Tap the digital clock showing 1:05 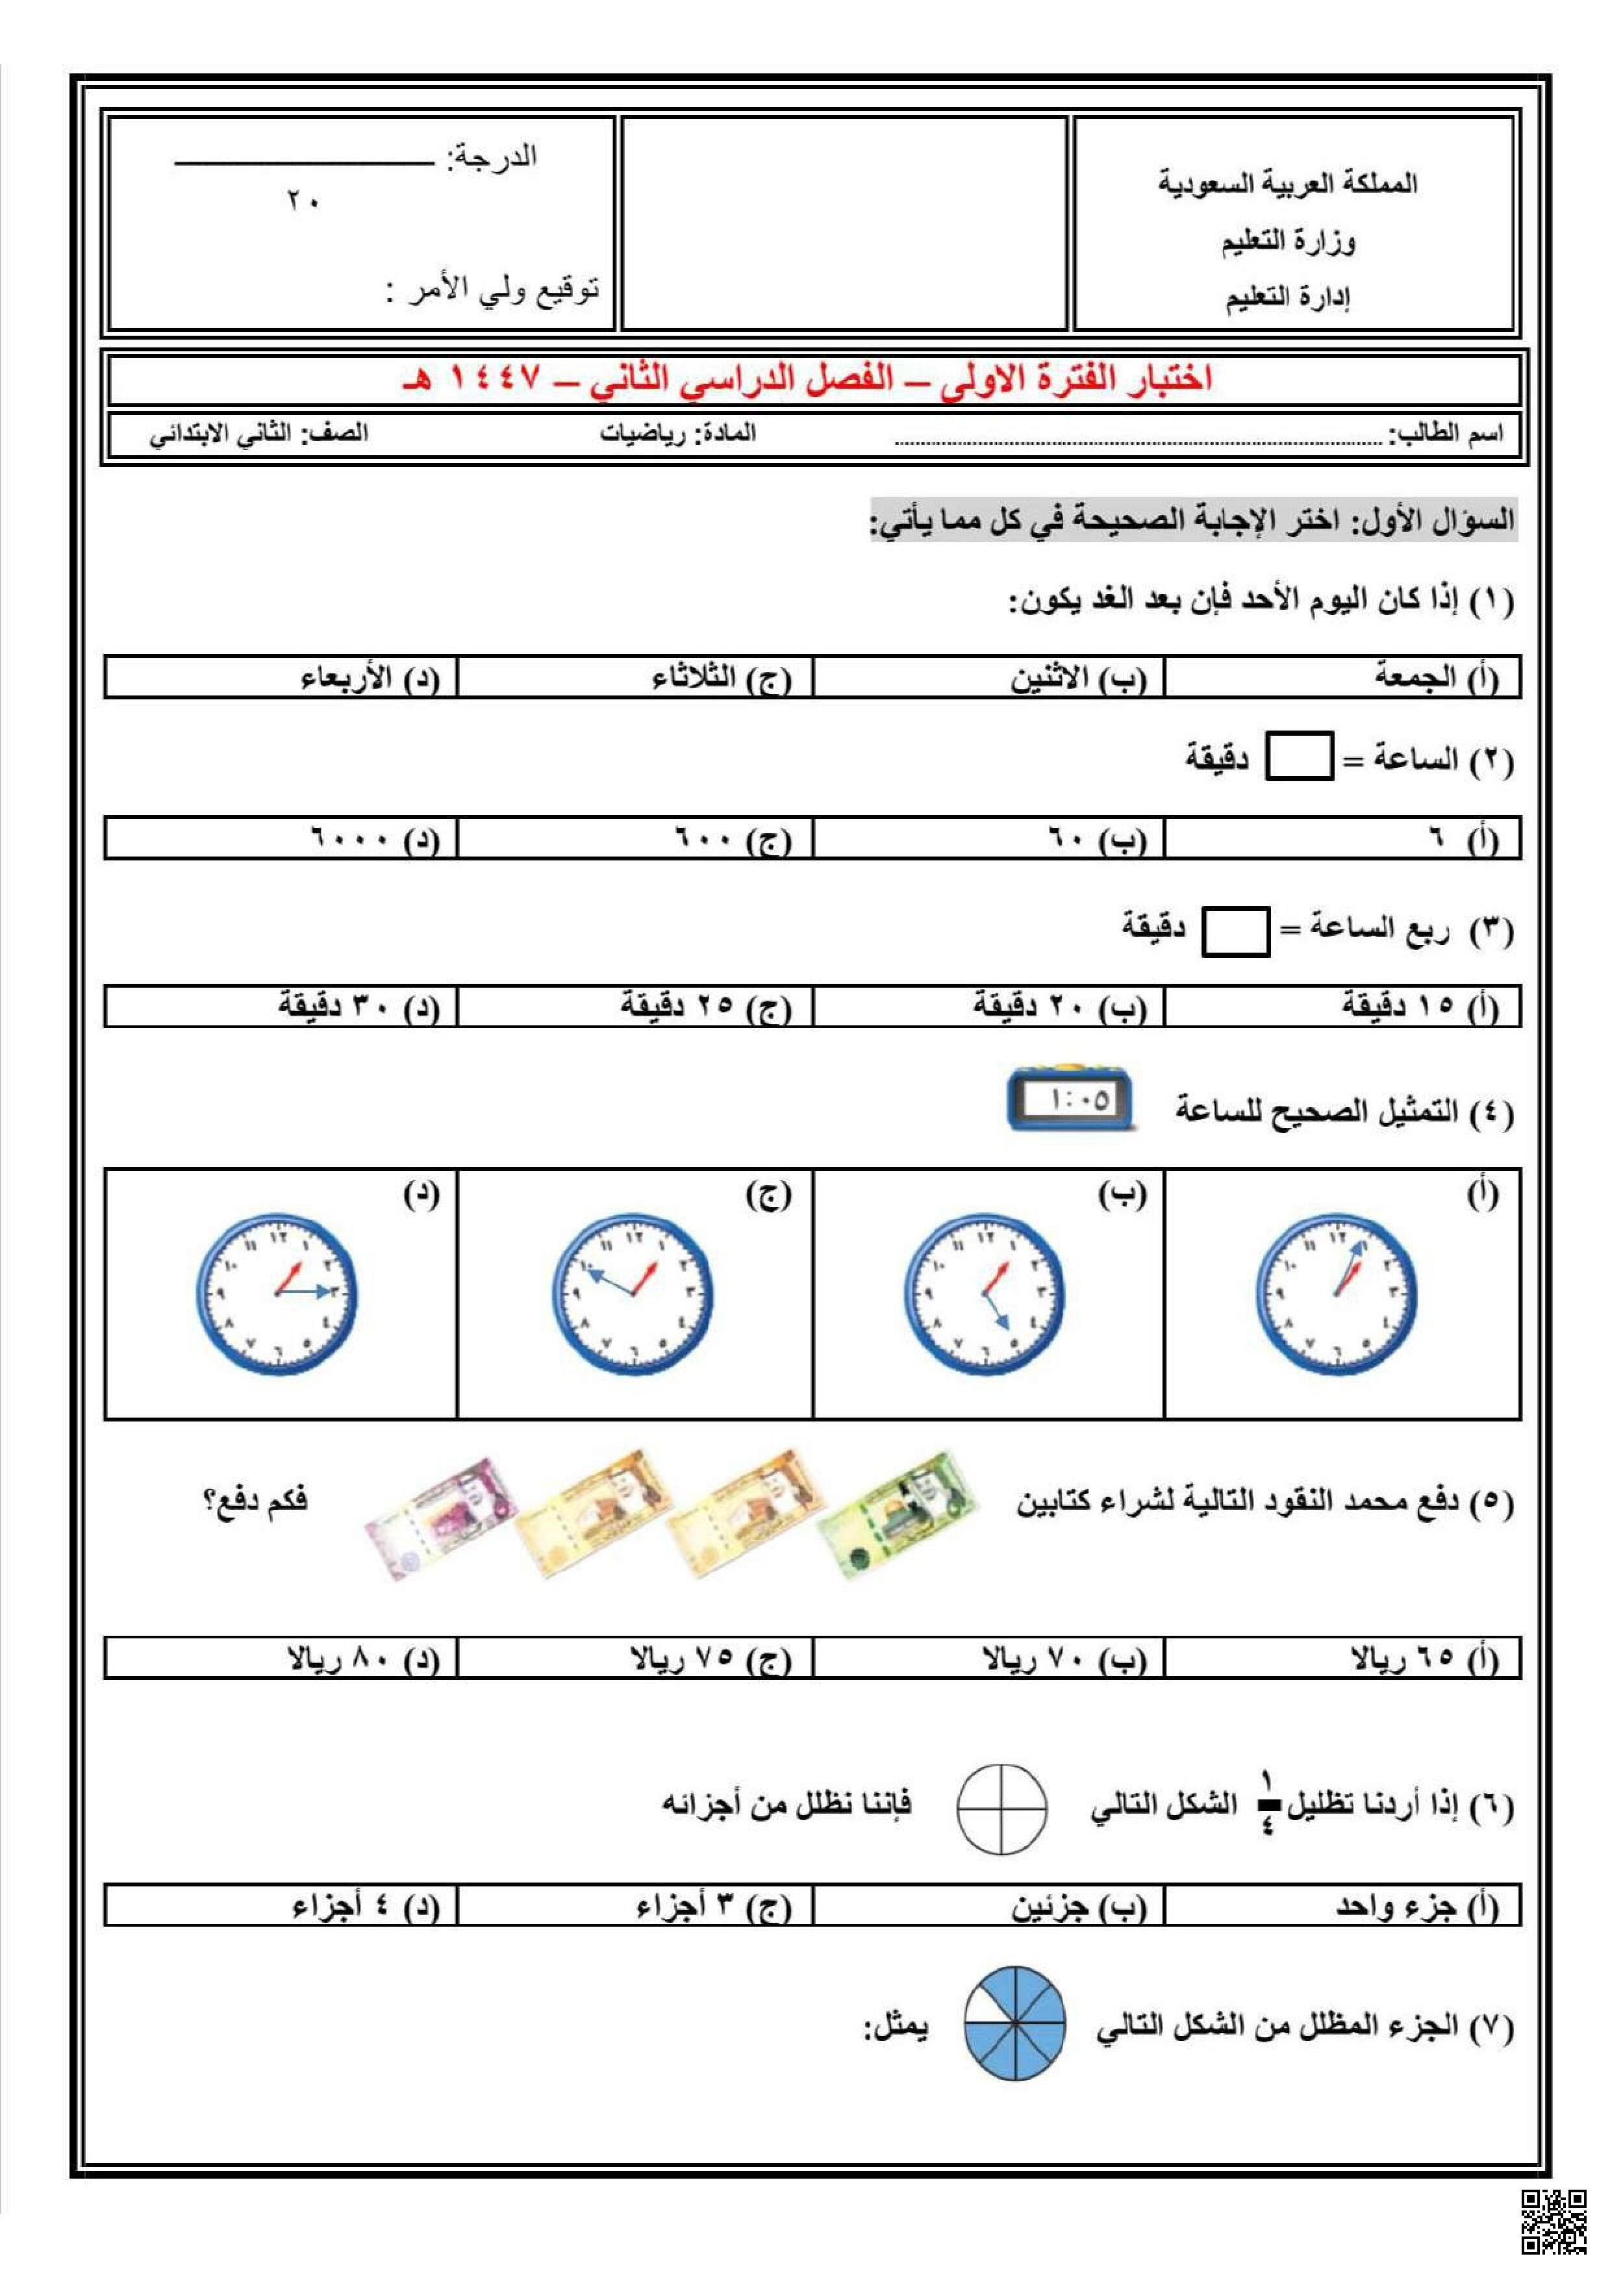click(x=1070, y=1099)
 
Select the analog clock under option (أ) click(x=1335, y=1294)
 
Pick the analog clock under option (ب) click(x=984, y=1294)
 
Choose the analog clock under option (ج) click(x=633, y=1294)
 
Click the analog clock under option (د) click(x=277, y=1294)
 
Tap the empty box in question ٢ click(x=1298, y=757)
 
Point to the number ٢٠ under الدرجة click(x=303, y=201)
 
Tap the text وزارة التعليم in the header click(x=1288, y=241)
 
